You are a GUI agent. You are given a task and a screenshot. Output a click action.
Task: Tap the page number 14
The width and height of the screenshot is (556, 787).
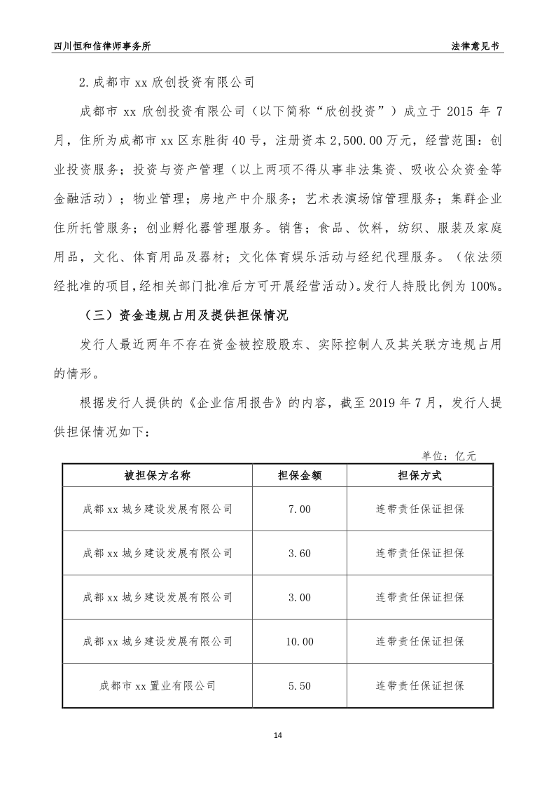278,735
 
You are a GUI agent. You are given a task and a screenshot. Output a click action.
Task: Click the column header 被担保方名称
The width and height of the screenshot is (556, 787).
158,475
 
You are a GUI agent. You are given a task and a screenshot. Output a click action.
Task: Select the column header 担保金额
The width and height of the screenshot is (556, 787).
300,475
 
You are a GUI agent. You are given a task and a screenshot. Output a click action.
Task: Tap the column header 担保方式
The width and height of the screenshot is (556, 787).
419,475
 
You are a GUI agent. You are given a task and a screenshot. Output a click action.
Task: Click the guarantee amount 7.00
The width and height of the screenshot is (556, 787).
300,509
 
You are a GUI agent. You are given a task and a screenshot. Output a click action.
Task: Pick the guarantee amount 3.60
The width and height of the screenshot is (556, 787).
300,553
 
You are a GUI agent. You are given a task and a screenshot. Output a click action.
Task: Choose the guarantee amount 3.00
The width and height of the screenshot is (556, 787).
300,597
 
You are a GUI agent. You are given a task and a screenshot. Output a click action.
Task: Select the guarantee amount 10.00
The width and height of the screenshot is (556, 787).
300,641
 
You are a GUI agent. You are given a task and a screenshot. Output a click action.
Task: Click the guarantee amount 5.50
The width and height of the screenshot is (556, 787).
300,685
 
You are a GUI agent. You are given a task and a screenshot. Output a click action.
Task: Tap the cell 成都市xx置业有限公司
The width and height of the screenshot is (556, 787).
158,685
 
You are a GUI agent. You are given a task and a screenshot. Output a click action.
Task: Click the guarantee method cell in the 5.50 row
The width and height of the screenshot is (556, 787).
419,685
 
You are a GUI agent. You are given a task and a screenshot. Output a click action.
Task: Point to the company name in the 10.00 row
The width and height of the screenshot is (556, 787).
158,641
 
